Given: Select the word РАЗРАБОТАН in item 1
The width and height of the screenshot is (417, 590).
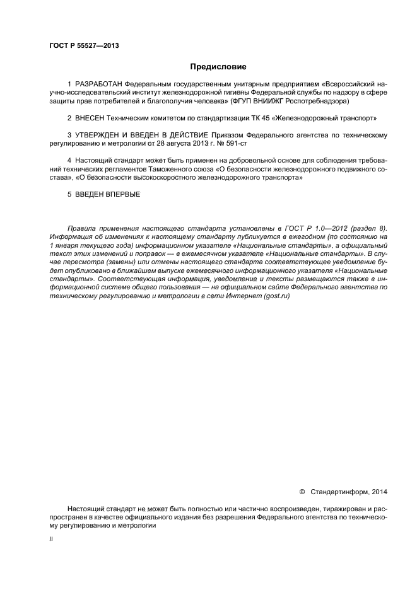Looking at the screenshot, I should point(99,84).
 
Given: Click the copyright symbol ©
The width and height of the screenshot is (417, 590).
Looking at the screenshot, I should point(302,492).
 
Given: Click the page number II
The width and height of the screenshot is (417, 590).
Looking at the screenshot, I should point(51,540).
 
